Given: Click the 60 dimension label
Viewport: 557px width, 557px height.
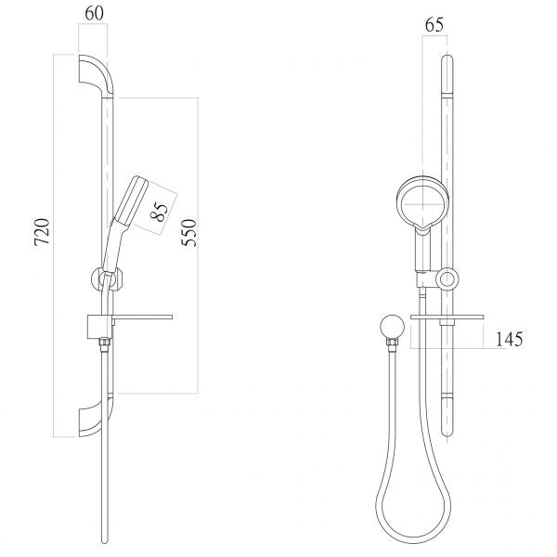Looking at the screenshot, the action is tap(94, 14).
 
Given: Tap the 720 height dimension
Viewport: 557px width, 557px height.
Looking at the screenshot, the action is tap(43, 232).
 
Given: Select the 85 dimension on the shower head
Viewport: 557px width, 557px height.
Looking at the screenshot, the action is tap(159, 212).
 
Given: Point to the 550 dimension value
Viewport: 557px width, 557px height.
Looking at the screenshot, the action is tap(188, 233).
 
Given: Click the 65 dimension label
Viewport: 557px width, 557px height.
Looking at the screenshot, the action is tap(434, 25).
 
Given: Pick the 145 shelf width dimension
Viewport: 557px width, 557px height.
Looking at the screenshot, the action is tap(509, 339).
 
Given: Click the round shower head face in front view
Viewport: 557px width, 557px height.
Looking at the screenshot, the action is tap(422, 204).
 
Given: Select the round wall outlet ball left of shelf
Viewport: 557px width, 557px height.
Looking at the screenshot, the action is tap(392, 326).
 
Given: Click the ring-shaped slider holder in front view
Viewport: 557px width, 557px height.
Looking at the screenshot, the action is tap(447, 278).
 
